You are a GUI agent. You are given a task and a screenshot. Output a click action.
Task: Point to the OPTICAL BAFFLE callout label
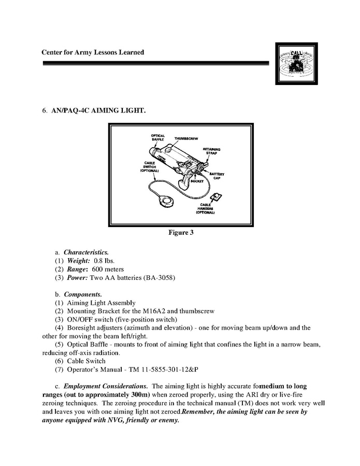pos(158,138)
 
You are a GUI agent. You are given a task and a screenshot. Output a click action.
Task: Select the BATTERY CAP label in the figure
pos(218,176)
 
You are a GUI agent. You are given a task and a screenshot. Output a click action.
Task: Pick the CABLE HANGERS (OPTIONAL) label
pos(206,208)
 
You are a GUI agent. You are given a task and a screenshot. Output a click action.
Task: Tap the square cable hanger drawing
pos(216,196)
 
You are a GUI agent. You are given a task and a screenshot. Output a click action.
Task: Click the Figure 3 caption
pos(181,233)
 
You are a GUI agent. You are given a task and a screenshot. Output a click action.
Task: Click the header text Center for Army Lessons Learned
pos(93,52)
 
